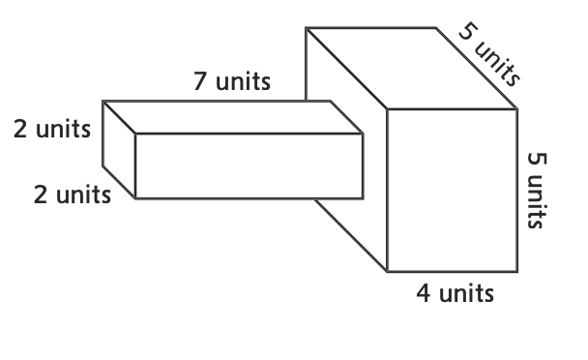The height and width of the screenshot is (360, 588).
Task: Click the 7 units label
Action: [232, 81]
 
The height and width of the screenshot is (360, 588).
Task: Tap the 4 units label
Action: [455, 293]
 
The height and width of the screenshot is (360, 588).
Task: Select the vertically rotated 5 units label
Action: [537, 191]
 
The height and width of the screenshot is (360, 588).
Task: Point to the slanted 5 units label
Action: [489, 55]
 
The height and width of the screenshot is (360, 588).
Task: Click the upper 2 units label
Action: [52, 129]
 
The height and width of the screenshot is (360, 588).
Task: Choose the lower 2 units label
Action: [72, 195]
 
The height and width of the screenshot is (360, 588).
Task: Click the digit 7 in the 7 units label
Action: [200, 81]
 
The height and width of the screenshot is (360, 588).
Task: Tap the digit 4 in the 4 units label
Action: [424, 293]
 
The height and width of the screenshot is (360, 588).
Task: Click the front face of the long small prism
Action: [249, 165]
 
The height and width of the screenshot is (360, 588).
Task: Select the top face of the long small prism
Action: [232, 117]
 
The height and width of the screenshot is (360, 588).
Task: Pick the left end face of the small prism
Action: [119, 149]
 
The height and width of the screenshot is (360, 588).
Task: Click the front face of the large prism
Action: [453, 190]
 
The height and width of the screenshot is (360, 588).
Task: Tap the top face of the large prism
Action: [411, 69]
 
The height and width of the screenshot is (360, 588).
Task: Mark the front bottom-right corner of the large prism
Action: [517, 271]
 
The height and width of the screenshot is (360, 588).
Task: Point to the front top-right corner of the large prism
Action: [517, 108]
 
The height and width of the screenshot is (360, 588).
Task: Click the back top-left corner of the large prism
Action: [306, 28]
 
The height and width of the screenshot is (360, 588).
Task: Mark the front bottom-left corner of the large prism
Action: [387, 271]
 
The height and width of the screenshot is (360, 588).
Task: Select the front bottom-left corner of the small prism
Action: [135, 198]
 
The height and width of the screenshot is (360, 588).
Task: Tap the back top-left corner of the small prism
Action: [103, 101]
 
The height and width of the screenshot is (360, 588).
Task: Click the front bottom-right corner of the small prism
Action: [363, 198]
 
